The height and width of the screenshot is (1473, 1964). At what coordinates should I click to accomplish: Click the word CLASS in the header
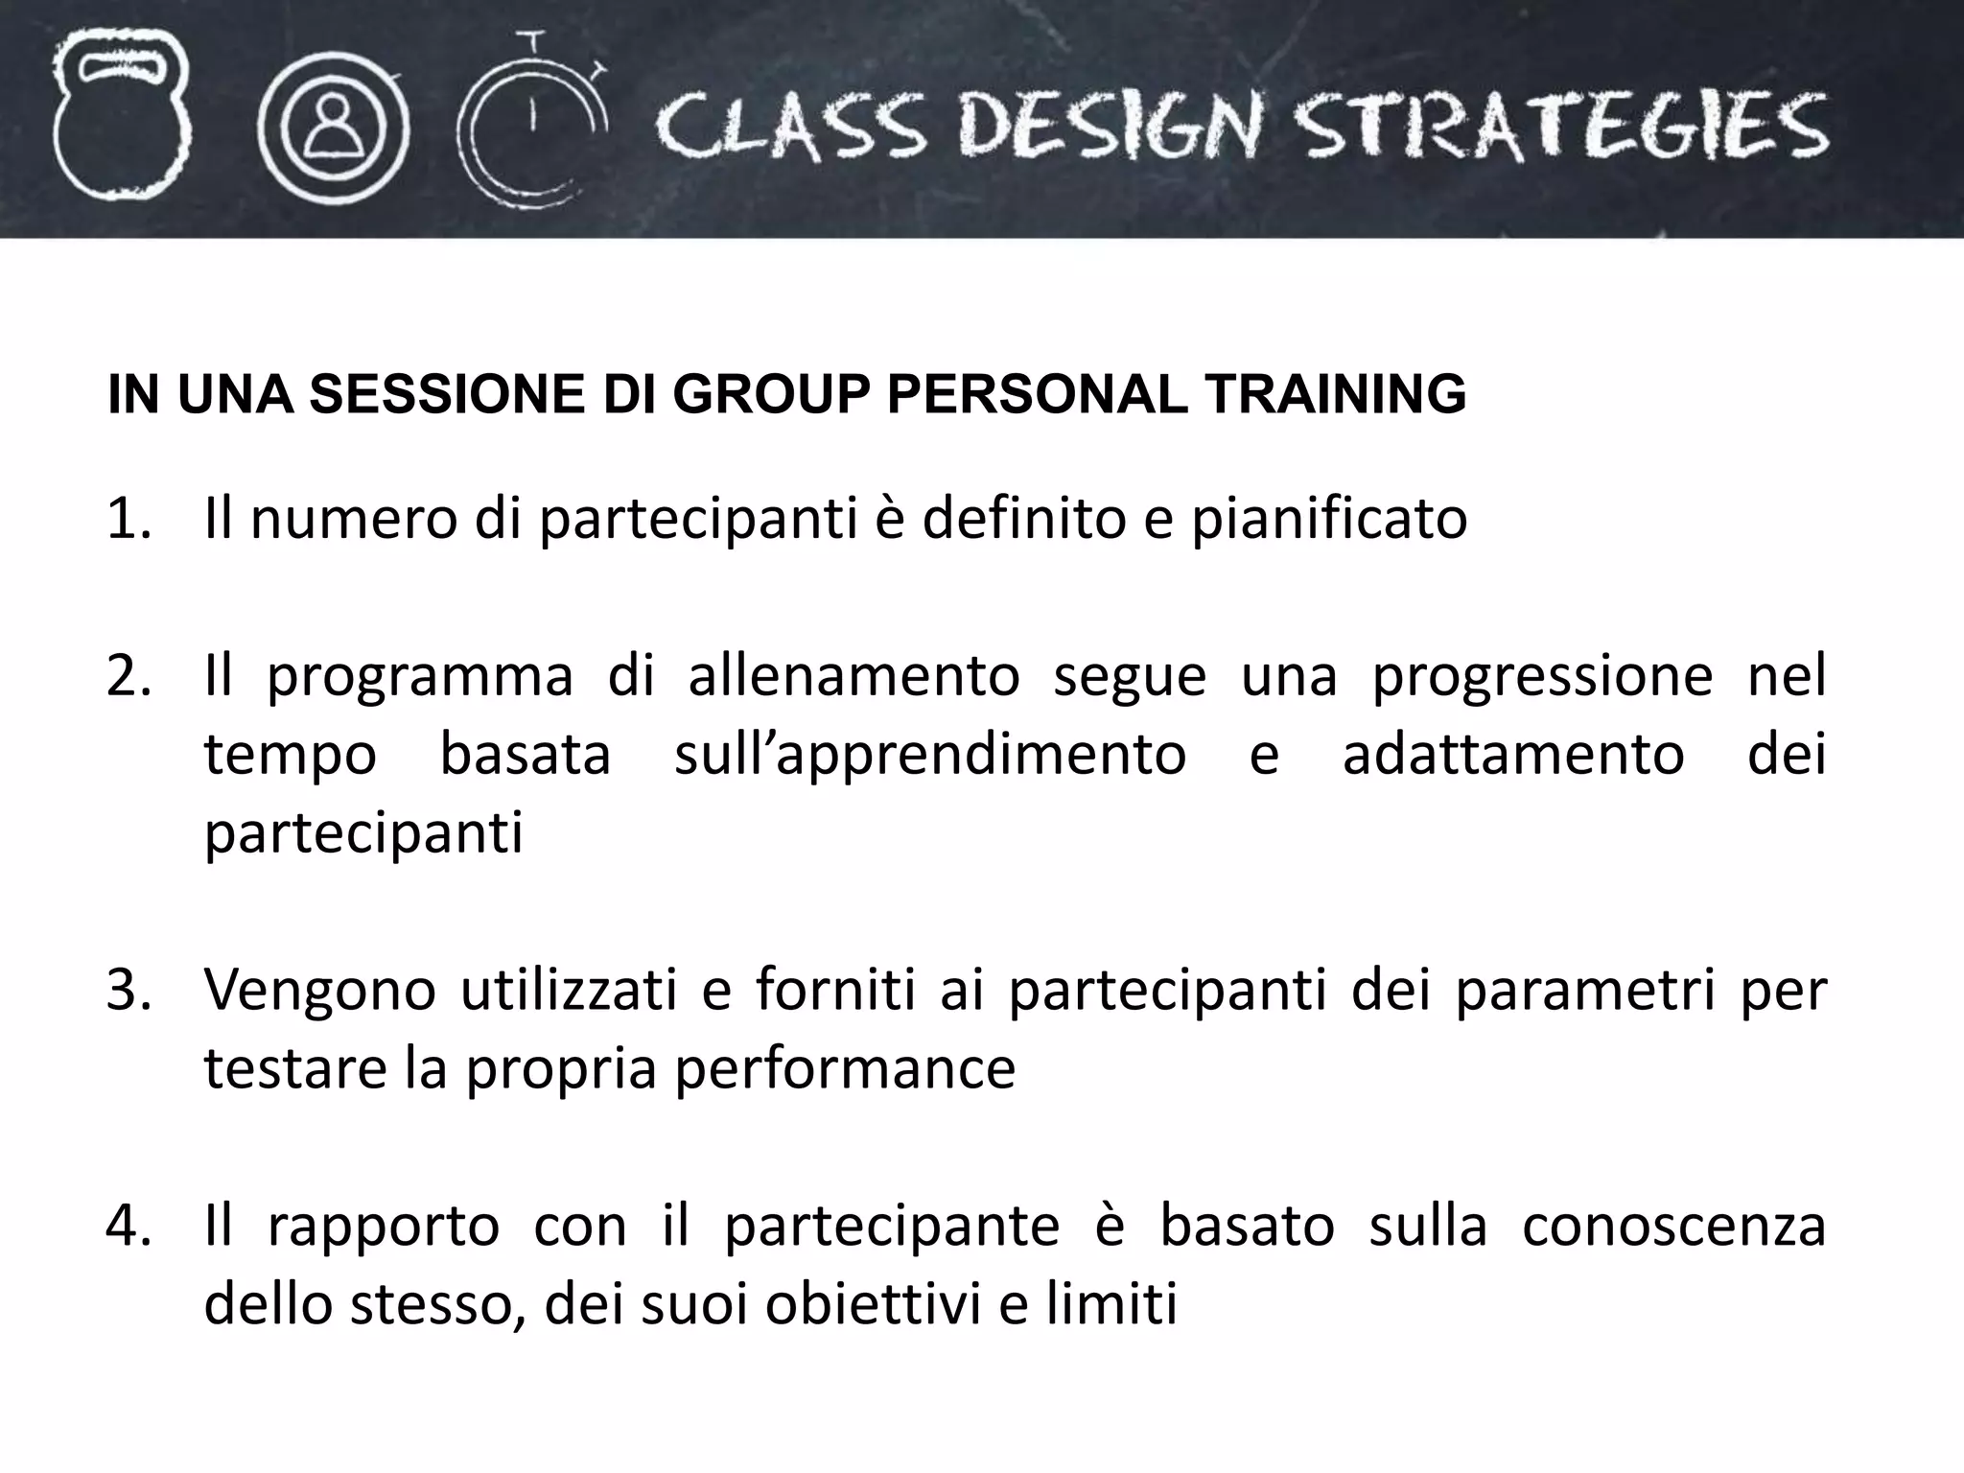tap(791, 129)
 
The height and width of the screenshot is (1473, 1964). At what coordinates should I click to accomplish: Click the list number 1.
tap(129, 519)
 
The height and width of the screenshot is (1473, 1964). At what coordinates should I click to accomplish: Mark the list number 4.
tap(129, 1226)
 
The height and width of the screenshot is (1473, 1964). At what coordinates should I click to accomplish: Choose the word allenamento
tap(853, 675)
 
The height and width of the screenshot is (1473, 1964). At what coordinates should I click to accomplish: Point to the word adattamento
tap(1513, 754)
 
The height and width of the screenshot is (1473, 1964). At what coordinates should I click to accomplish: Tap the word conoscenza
tap(1673, 1227)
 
